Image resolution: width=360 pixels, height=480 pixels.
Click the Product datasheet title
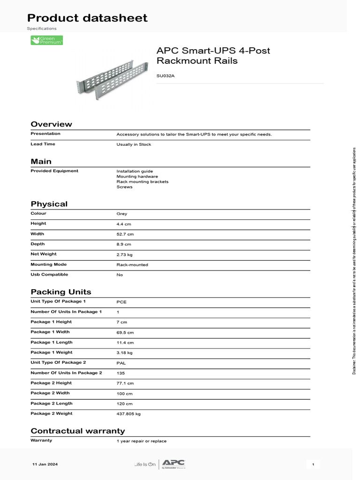point(87,18)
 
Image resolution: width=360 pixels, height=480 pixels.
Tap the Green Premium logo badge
point(46,40)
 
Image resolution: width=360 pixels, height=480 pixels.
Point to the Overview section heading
point(51,124)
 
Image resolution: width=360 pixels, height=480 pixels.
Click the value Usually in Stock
point(134,144)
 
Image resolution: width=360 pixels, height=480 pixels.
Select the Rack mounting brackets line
point(142,181)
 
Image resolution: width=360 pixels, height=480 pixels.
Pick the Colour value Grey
point(121,214)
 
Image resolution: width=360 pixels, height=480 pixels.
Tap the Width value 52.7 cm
point(125,234)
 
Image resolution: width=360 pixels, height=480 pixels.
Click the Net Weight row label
point(44,254)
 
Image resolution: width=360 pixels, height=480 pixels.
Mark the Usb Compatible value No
point(120,275)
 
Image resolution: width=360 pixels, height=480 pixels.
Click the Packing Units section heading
point(61,292)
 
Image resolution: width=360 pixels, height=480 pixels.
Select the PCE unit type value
point(121,302)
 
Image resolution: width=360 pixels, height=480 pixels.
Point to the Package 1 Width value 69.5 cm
point(125,332)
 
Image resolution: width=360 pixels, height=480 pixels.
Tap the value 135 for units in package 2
point(120,373)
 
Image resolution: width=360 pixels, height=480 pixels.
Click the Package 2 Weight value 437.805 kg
point(128,414)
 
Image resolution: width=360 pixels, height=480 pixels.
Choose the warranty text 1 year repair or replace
point(141,441)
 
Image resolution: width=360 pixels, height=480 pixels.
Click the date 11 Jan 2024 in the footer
point(45,464)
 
